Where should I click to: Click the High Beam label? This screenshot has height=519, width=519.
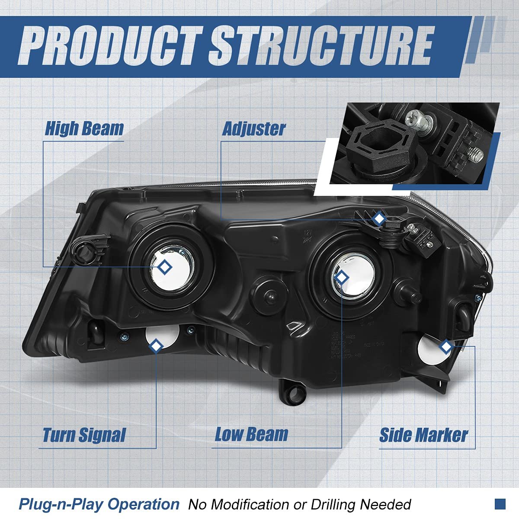(x=84, y=128)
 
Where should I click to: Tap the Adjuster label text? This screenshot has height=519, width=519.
(x=254, y=128)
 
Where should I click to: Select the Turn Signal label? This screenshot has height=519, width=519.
(x=84, y=435)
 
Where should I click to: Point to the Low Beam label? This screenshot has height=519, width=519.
(x=251, y=434)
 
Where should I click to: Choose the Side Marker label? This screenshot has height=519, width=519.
(x=423, y=435)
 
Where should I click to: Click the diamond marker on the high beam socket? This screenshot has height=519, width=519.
(x=164, y=267)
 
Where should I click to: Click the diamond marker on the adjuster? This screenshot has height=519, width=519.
(x=379, y=219)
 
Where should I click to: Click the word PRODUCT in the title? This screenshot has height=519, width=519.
(x=110, y=46)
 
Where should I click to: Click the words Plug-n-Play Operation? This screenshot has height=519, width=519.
(x=99, y=504)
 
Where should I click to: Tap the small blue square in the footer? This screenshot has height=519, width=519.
(x=500, y=503)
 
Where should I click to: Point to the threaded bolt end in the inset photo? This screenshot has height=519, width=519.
(x=475, y=154)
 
